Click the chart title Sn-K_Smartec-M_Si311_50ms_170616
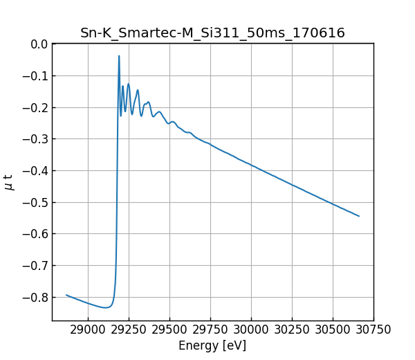(x=212, y=33)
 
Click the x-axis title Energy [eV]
(x=212, y=345)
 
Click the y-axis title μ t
(x=9, y=182)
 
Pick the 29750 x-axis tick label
(x=210, y=330)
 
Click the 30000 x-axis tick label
(x=251, y=330)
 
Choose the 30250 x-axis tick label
(x=292, y=330)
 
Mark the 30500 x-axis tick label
(x=333, y=330)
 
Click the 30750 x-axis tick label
(x=373, y=330)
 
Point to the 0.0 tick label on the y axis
(x=39, y=44)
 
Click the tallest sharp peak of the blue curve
(x=119, y=56)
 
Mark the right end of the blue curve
(x=359, y=216)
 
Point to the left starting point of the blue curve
(x=66, y=295)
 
